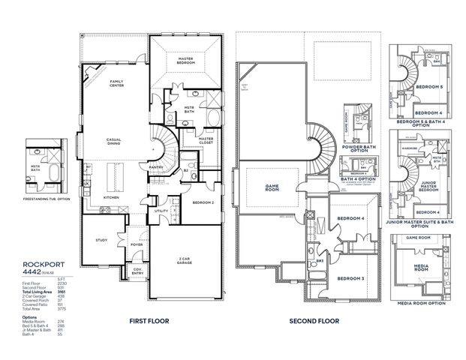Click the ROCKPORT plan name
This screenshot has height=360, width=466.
point(28,262)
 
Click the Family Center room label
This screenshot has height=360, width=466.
point(117,82)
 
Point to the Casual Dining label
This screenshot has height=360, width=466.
point(115,143)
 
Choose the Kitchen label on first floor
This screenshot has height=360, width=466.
point(112,197)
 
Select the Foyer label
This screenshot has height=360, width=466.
point(137,244)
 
